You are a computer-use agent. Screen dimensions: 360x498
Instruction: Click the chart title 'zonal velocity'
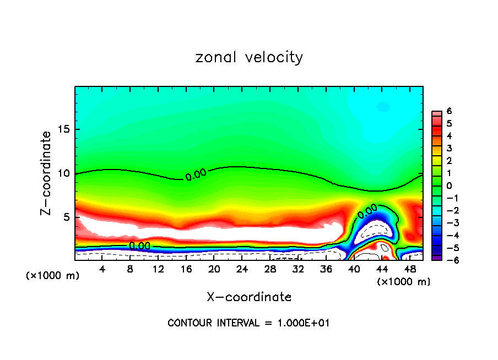coord(249,58)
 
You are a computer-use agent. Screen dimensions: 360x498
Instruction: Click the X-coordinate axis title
coord(249,297)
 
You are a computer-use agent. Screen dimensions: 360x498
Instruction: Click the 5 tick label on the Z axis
coord(65,217)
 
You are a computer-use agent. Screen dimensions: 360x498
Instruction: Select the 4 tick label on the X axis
coord(102,269)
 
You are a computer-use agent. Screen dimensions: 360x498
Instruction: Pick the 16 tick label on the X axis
coord(186,269)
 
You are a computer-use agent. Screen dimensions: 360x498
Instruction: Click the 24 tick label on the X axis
coord(242,269)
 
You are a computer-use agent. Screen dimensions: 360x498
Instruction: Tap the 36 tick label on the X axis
coord(326,269)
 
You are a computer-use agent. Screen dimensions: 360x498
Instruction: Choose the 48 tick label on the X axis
coord(409,269)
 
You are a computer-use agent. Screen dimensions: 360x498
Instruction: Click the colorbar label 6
coord(449,111)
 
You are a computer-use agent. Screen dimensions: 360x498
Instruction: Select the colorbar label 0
coord(449,186)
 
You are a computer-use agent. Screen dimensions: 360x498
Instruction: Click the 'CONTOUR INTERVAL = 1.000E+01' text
coord(248,323)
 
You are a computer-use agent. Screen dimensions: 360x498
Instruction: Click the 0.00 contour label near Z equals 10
coord(196,175)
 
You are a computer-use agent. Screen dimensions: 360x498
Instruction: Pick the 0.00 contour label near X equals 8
coord(139,246)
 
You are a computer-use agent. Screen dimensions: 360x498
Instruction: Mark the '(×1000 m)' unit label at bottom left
coord(53,276)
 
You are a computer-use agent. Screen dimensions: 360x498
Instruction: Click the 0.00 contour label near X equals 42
coord(367,211)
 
